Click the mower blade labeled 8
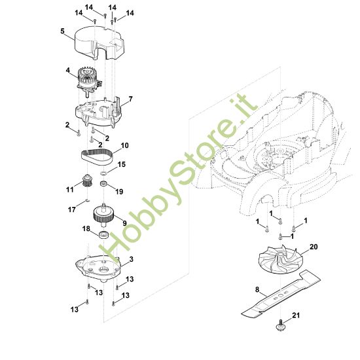281,294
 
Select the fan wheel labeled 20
278,259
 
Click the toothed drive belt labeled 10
97,156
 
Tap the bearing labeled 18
103,235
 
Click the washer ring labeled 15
103,172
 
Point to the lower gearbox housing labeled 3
98,268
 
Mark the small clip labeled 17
87,200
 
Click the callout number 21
296,315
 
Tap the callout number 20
314,247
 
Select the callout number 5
62,31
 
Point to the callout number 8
257,289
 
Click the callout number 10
124,145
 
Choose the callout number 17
72,209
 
